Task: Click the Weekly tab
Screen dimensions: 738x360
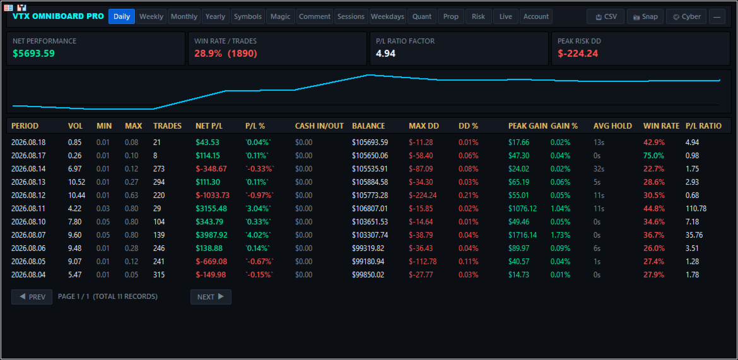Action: [151, 16]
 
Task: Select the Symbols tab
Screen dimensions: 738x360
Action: [247, 16]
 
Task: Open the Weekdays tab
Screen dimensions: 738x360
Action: [387, 16]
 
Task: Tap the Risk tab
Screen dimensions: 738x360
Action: [478, 16]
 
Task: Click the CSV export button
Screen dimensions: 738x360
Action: [606, 16]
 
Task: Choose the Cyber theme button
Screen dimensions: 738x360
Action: [686, 16]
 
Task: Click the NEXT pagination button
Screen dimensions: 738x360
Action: [211, 297]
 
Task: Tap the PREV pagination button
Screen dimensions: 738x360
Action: [32, 297]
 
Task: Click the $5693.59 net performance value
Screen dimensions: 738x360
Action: [34, 53]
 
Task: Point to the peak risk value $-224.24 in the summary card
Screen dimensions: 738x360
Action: [578, 53]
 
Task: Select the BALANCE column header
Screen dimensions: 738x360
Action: [368, 126]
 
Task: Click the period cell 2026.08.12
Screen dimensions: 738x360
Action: [29, 195]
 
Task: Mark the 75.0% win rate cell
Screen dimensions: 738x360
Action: [653, 155]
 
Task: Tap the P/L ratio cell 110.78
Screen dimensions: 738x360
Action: [696, 209]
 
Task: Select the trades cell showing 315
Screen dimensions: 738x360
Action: [159, 275]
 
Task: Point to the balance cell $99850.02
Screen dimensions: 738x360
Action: [368, 275]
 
